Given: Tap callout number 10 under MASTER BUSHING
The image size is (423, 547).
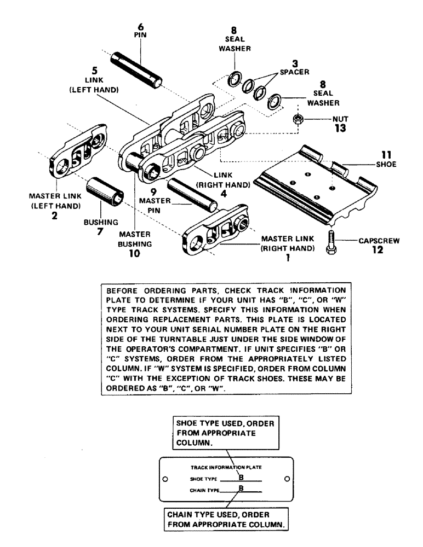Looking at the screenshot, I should coord(134,253).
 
